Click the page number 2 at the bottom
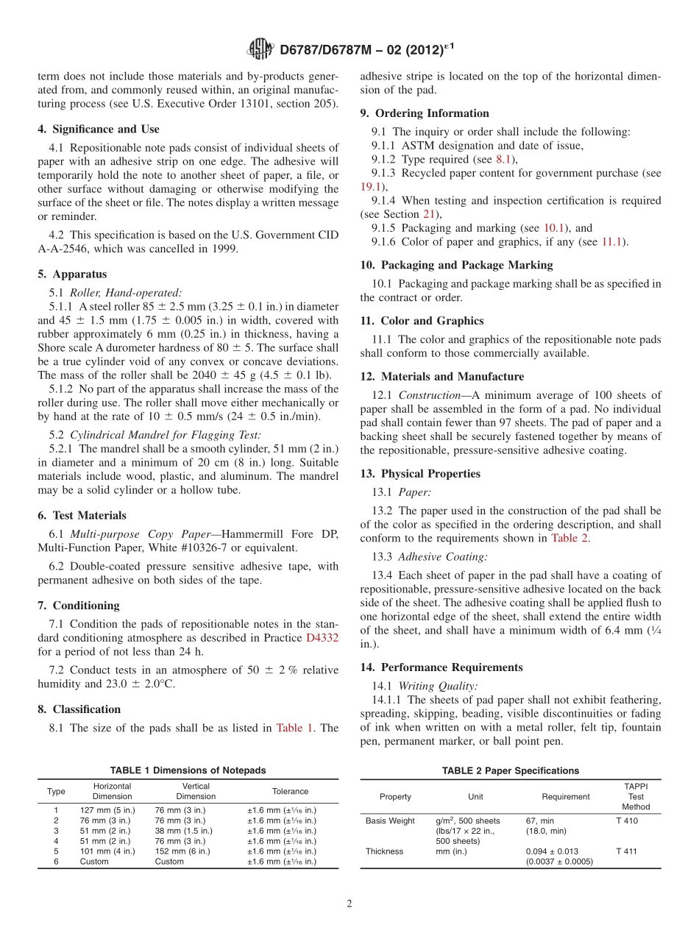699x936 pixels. tap(349, 904)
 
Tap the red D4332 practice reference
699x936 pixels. tap(322, 638)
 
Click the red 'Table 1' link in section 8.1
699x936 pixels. tap(294, 728)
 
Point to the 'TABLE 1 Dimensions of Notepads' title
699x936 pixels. tap(188, 770)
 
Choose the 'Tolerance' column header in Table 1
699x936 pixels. tap(290, 791)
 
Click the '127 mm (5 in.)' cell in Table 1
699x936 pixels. tap(107, 809)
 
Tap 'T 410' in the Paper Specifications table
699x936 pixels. tap(627, 820)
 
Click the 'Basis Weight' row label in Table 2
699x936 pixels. tap(390, 820)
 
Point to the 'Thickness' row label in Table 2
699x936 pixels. tap(384, 851)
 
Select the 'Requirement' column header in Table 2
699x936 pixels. tap(566, 796)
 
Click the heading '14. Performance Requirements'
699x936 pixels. tap(441, 667)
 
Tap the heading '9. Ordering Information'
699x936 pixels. tap(425, 113)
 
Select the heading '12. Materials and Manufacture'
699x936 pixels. tap(442, 377)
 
